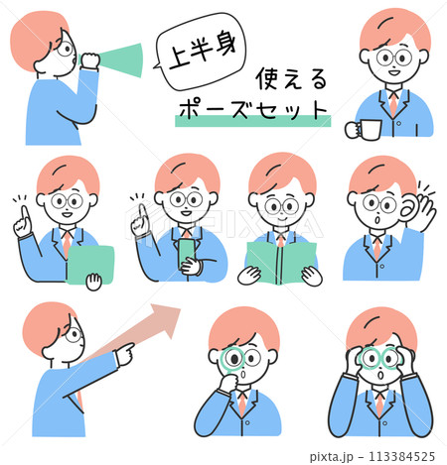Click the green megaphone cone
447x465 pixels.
pos(122,60)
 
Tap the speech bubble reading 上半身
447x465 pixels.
pos(202,52)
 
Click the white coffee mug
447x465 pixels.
pos(364,130)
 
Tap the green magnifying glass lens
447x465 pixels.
pos(232,359)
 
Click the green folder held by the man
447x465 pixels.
pos(90,265)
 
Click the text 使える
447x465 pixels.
pos(291,78)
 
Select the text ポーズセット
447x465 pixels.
pos(252,109)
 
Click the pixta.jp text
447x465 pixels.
pos(332,456)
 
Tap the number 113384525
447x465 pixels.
pos(401,456)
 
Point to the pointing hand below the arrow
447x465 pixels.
pos(124,354)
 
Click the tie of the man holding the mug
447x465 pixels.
pos(393,103)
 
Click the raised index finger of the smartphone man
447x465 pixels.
pos(143,212)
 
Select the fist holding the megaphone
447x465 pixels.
pos(89,60)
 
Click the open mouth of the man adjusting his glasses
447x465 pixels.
pos(380,376)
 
